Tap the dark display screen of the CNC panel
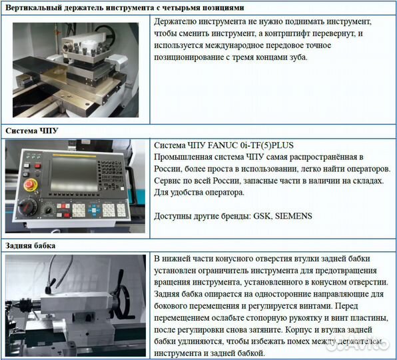point(79,171)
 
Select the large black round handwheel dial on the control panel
point(47,211)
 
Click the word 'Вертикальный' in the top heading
point(36,7)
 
